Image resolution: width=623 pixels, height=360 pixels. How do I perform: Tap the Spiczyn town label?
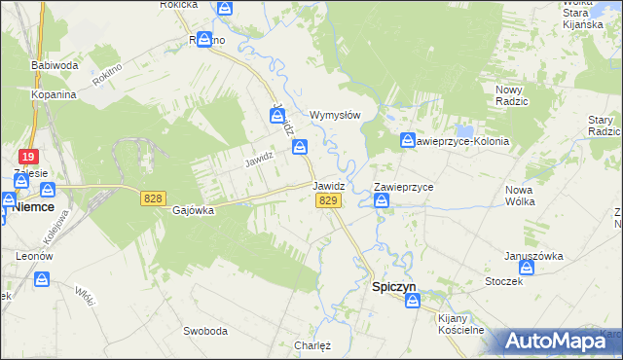[x=396, y=287]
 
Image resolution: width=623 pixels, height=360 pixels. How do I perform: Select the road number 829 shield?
[x=328, y=200]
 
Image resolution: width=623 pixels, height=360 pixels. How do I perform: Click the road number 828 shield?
[x=152, y=198]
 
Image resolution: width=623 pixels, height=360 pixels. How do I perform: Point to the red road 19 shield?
[x=27, y=157]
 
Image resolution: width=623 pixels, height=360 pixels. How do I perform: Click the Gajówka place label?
[x=192, y=210]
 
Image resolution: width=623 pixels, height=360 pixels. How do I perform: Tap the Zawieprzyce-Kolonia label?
[x=461, y=141]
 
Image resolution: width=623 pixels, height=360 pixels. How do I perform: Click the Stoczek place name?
[x=503, y=281]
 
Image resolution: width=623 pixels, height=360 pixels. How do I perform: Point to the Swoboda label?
[x=204, y=331]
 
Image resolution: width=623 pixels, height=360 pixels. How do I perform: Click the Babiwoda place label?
[x=55, y=65]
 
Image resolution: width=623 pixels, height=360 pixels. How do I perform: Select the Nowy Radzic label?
[x=505, y=95]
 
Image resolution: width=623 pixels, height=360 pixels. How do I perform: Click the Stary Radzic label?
[x=604, y=126]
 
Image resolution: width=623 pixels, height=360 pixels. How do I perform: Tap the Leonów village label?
[x=33, y=256]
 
